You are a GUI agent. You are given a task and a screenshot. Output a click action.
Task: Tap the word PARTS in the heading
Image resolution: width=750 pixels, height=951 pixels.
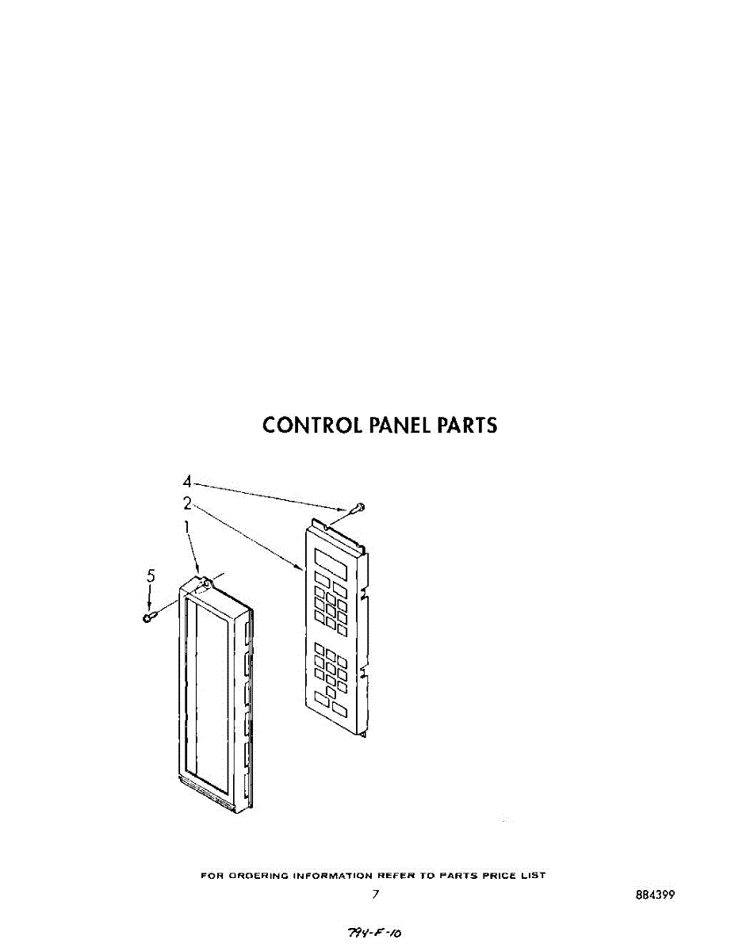(467, 426)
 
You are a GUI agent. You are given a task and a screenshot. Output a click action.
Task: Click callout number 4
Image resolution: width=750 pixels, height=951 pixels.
(187, 481)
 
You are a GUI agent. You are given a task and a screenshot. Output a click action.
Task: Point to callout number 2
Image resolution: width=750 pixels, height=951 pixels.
(187, 502)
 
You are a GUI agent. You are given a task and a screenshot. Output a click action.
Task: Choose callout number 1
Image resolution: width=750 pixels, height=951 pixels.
(187, 525)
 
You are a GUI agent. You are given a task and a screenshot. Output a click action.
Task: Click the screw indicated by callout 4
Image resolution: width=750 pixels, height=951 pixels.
(359, 506)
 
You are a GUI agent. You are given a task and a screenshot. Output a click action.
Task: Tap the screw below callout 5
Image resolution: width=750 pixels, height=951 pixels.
(148, 617)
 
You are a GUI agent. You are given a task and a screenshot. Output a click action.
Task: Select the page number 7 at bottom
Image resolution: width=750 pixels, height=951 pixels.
(376, 895)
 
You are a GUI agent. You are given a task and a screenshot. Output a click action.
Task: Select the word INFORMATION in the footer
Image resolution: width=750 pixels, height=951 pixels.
(331, 876)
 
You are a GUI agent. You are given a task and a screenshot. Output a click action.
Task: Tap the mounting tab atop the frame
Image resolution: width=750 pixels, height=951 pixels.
(205, 584)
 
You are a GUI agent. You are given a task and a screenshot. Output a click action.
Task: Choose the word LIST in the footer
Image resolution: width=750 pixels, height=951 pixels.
(534, 876)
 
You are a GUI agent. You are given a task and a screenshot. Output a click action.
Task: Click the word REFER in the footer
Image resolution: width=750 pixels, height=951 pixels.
(395, 876)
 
